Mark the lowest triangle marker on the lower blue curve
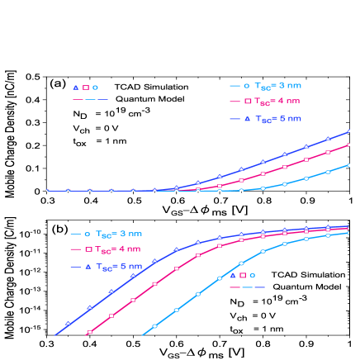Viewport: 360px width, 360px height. click(69, 324)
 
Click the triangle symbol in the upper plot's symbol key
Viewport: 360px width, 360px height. click(75, 87)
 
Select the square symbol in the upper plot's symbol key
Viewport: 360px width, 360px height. click(85, 87)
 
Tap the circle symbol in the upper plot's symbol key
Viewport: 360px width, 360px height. click(95, 87)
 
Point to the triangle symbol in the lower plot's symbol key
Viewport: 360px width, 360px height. click(232, 275)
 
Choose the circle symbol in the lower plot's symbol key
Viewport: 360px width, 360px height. click(252, 275)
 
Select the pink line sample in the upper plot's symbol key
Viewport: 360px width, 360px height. click(78, 99)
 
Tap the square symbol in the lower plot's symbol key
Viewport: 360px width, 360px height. click(242, 275)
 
